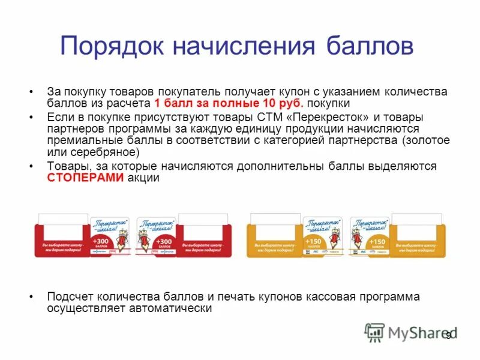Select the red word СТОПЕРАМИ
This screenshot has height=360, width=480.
(x=86, y=178)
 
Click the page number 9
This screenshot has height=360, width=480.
(x=449, y=336)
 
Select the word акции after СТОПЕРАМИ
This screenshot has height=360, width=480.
(x=143, y=178)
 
